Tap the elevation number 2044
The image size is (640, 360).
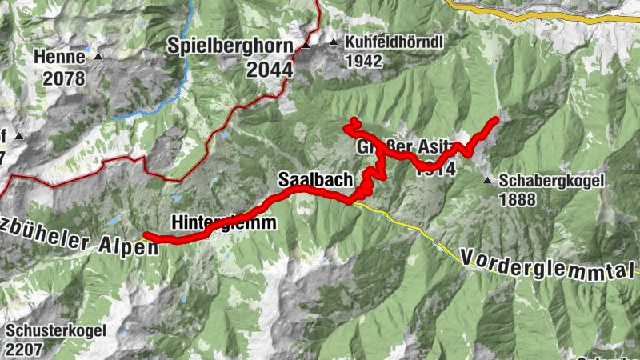[x=270, y=70]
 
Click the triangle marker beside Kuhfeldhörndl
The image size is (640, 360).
[x=334, y=42]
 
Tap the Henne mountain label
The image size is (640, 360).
[x=59, y=57]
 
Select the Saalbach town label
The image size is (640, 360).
[x=314, y=180]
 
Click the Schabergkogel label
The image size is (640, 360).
[x=552, y=181]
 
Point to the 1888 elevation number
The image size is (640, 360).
[x=517, y=199]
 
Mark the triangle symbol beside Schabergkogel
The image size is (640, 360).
[x=487, y=181]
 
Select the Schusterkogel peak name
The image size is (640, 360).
[x=54, y=332]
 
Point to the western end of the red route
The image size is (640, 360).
[x=146, y=235]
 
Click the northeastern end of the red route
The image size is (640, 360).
[x=496, y=120]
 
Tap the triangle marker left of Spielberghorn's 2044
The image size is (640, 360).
[x=306, y=46]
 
